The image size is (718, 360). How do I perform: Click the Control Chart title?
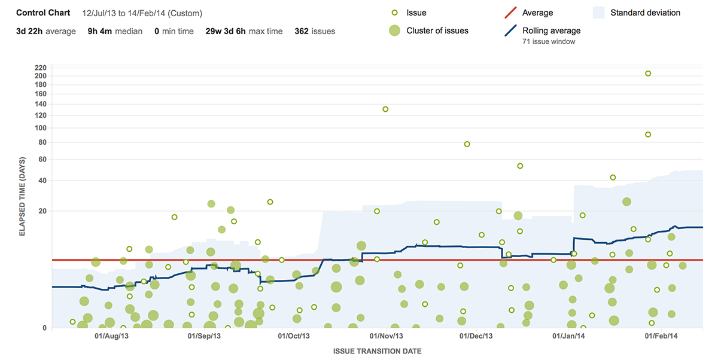click(x=43, y=13)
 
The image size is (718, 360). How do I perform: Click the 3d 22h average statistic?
click(x=45, y=31)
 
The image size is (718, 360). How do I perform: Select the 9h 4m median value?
click(x=115, y=31)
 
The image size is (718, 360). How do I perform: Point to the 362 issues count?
click(x=315, y=31)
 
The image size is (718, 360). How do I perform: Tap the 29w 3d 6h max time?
click(x=244, y=31)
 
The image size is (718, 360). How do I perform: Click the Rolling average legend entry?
click(x=551, y=31)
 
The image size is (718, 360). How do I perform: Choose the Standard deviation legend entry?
click(x=645, y=13)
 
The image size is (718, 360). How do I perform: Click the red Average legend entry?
click(x=537, y=13)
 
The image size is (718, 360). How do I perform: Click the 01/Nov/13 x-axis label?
click(x=387, y=337)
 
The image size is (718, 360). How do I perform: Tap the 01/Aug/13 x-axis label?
click(x=112, y=337)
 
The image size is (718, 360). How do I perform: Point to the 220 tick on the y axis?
click(x=41, y=67)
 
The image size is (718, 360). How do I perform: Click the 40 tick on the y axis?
click(x=42, y=181)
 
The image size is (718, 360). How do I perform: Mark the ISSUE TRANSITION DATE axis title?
click(x=377, y=351)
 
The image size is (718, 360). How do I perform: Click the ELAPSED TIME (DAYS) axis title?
click(x=22, y=197)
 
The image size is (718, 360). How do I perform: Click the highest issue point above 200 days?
click(x=647, y=74)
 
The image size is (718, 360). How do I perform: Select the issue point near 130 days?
click(x=385, y=109)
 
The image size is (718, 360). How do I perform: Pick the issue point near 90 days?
click(x=648, y=135)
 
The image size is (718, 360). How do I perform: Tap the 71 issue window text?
click(x=549, y=42)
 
